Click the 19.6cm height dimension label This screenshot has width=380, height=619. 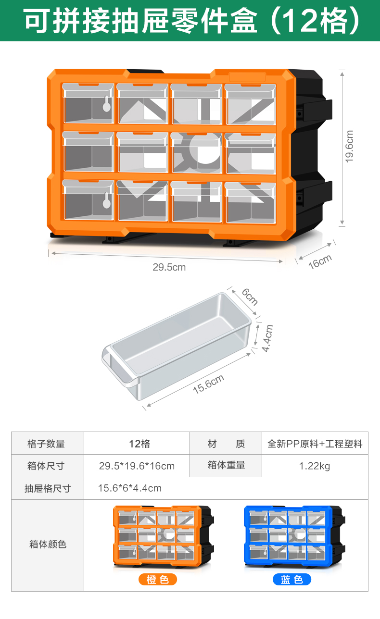click(350, 146)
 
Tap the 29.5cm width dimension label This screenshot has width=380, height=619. click(169, 267)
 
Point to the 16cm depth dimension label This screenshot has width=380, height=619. click(320, 261)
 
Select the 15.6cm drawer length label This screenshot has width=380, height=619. click(208, 384)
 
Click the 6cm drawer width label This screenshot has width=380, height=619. click(250, 297)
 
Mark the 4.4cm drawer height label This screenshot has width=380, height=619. click(268, 338)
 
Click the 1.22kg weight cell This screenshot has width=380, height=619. click(315, 466)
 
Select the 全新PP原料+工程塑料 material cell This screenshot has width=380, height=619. click(315, 444)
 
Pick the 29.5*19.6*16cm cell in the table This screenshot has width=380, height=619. click(137, 466)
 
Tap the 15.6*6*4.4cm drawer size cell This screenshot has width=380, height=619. click(130, 488)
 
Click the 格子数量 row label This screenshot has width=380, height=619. click(47, 444)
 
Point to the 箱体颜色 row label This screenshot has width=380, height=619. click(47, 545)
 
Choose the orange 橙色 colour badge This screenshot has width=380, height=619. click(158, 580)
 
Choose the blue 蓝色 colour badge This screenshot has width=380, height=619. click(292, 580)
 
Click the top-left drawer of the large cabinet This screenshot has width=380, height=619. click(88, 103)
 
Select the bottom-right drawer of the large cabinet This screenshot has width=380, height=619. click(250, 202)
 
